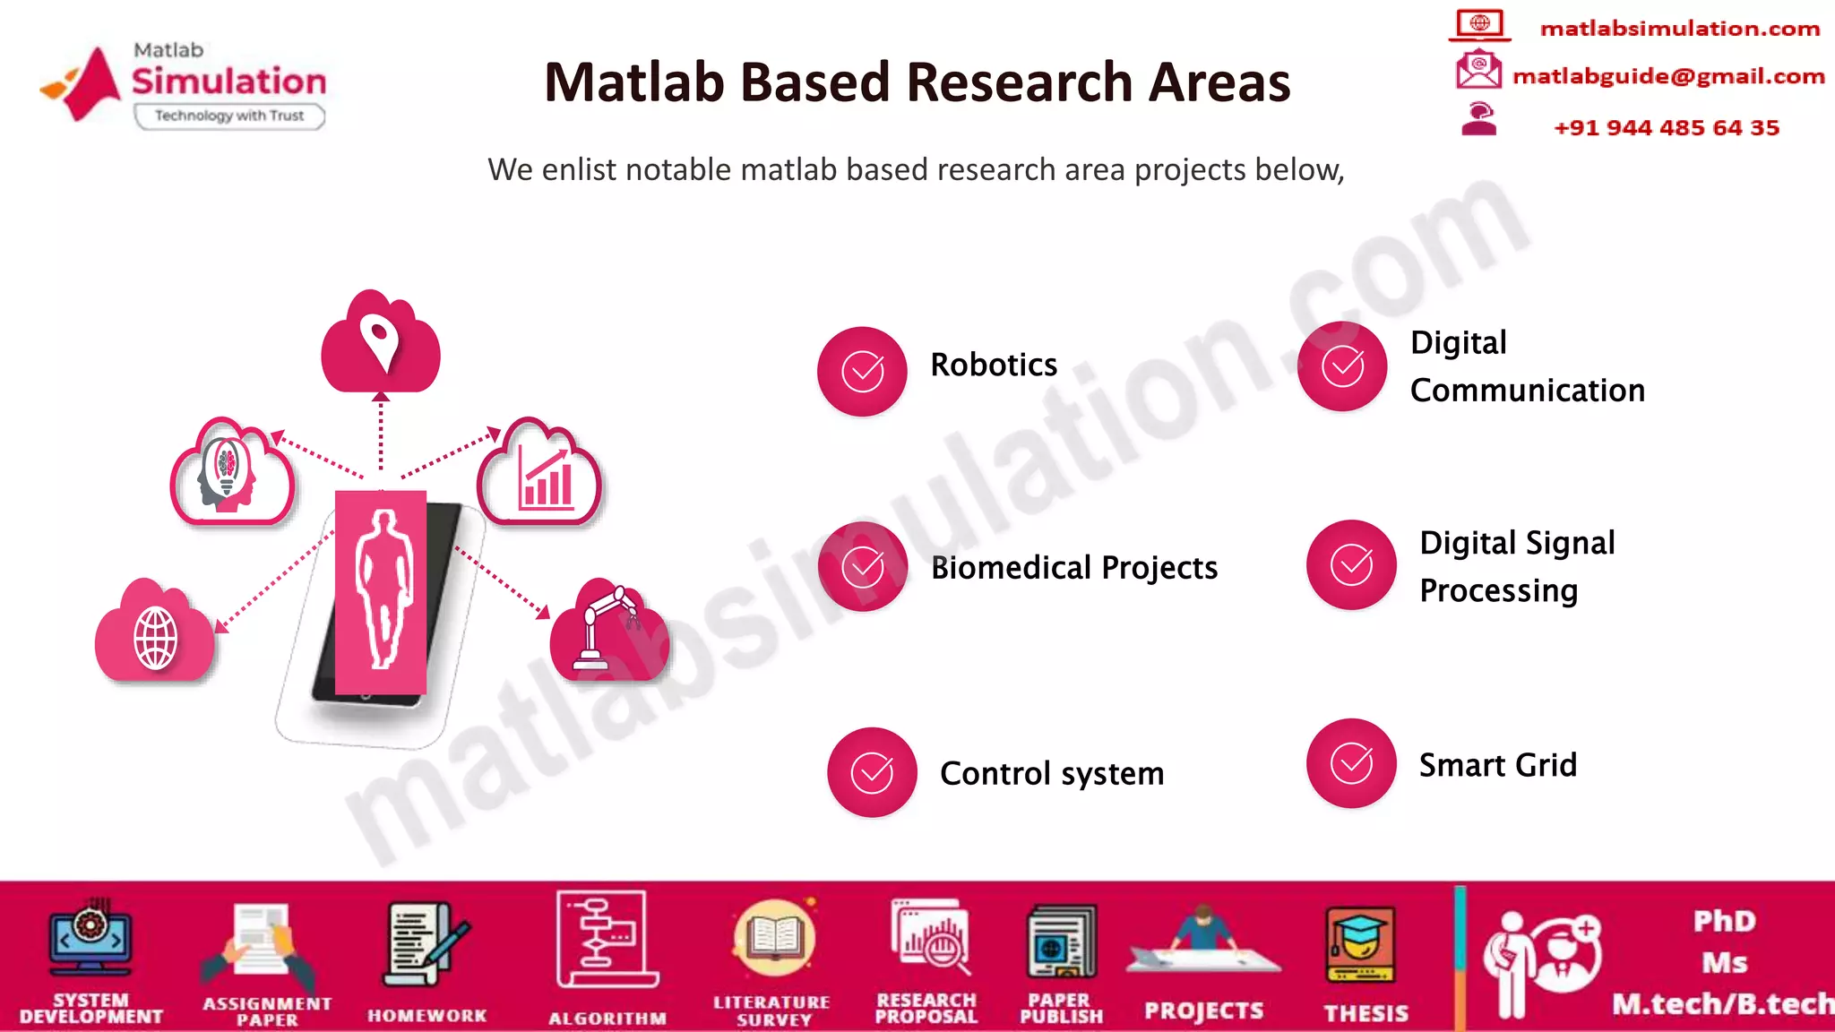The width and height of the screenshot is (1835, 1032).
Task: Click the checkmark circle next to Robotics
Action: click(862, 371)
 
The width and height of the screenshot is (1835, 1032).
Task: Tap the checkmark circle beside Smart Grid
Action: click(1351, 763)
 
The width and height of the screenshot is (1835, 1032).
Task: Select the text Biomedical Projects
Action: click(1073, 568)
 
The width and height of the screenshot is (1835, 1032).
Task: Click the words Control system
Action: click(1051, 773)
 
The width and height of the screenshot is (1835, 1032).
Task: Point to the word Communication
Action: click(1527, 391)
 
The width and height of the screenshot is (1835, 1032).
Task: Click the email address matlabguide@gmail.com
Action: click(1667, 76)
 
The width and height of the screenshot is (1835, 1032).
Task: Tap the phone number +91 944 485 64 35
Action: click(1666, 127)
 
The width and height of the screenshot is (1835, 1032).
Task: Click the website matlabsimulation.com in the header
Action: click(1679, 29)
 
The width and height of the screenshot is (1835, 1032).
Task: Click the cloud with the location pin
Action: click(381, 344)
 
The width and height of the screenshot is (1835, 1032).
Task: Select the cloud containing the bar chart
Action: click(540, 475)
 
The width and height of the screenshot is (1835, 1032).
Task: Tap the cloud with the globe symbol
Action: click(155, 633)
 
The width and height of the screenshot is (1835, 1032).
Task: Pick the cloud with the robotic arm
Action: click(609, 632)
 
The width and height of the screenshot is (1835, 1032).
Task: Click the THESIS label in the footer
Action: click(1365, 1013)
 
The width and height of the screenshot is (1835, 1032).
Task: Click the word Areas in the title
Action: click(1219, 82)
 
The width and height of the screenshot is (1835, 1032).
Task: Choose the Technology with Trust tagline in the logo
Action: click(229, 116)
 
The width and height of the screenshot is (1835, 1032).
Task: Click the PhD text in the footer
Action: click(1723, 922)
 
